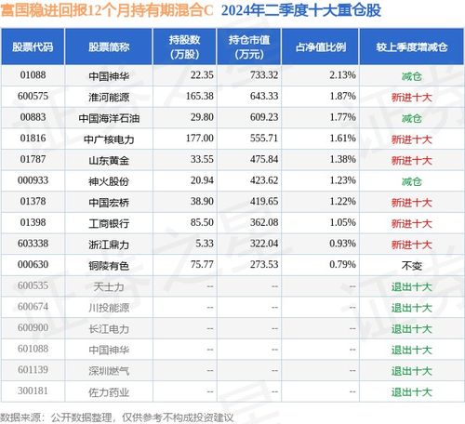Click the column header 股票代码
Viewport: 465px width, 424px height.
point(33,47)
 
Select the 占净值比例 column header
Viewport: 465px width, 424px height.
point(321,47)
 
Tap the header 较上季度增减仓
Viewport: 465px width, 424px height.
point(412,47)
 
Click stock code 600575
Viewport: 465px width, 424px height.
point(33,96)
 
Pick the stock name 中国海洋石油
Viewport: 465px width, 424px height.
point(109,118)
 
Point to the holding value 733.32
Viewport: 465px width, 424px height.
point(264,75)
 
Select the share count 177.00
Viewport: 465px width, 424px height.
point(200,138)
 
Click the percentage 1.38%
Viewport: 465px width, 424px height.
point(342,159)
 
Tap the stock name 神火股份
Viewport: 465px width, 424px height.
point(109,181)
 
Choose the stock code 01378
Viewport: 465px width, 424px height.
point(33,201)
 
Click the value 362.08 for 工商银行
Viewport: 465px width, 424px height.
point(264,222)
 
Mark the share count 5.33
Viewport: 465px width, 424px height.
point(205,244)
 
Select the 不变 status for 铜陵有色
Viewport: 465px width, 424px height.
point(412,265)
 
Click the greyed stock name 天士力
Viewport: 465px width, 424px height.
point(109,286)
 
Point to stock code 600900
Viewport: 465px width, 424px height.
point(33,327)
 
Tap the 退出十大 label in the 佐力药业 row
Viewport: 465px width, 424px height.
point(412,392)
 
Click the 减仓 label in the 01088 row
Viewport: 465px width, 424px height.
point(412,76)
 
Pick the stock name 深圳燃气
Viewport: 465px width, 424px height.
point(109,371)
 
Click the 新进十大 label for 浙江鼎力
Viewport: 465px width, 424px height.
point(412,245)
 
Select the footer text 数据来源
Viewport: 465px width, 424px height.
point(20,417)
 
